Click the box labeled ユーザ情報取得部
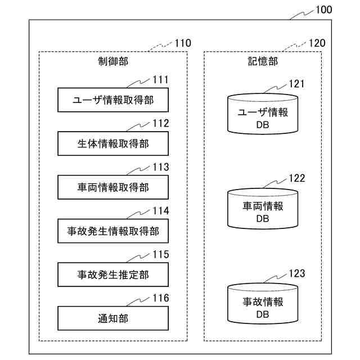(113, 100)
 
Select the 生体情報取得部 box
(113, 143)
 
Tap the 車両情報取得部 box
(113, 187)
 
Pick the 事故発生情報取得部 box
(113, 231)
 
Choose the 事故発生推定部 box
(113, 274)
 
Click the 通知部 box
(113, 318)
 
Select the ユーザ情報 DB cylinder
(263, 114)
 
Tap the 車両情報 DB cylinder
(263, 209)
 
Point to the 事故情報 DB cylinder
(263, 304)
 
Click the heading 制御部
(113, 61)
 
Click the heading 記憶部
(263, 61)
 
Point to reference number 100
(324, 10)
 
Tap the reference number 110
(183, 43)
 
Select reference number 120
(317, 43)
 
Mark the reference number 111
(161, 80)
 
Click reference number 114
(161, 211)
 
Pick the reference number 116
(161, 298)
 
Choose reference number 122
(297, 178)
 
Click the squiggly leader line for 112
(138, 127)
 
